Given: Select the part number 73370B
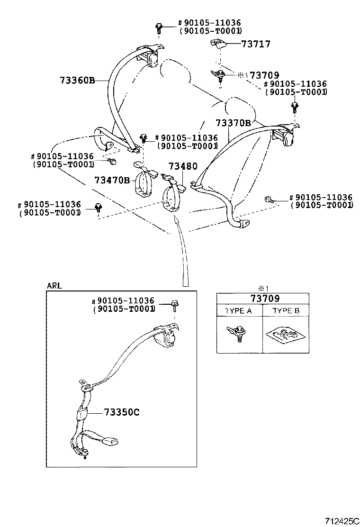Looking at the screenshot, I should [233, 123].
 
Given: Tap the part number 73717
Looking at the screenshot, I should [256, 44].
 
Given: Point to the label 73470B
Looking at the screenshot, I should [112, 180].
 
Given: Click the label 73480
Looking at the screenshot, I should [182, 167].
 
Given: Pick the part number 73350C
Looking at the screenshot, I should [121, 412].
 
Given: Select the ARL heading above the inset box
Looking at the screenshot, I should [54, 286].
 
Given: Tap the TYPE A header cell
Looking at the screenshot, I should [239, 310].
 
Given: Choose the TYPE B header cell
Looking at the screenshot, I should [286, 310].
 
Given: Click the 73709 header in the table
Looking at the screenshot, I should [262, 299].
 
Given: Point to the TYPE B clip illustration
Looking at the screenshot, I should [286, 335].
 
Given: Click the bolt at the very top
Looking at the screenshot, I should [158, 27].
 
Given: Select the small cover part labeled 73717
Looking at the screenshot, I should [218, 44].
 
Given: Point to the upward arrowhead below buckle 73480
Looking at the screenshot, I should [176, 219].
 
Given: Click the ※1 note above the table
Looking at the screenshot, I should [263, 288].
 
